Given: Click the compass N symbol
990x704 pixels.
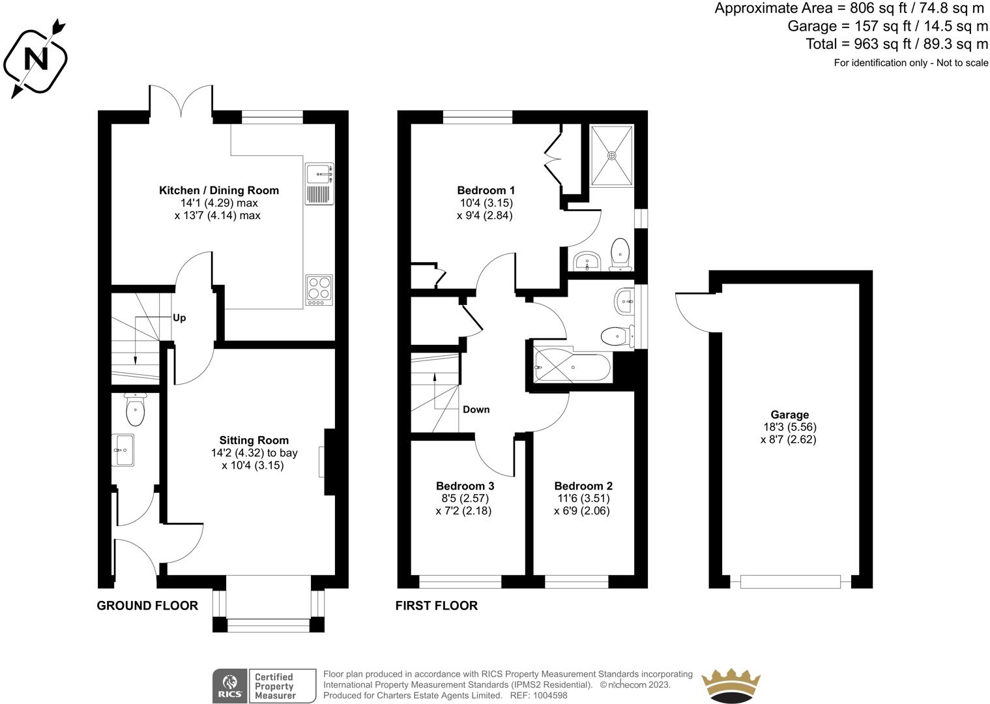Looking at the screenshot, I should (x=36, y=59).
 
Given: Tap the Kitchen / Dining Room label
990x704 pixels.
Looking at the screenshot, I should (x=219, y=190).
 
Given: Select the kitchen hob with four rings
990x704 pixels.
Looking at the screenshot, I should (x=319, y=290).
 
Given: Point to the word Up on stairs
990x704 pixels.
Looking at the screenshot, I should (x=179, y=318).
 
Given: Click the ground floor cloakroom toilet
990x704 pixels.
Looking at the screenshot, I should (x=135, y=409).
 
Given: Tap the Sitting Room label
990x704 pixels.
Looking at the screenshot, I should (x=254, y=440).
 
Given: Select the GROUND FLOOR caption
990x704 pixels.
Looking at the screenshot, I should (x=147, y=606).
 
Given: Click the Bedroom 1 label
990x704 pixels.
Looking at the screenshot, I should (x=486, y=190).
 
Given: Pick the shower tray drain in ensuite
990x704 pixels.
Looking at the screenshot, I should (x=611, y=156).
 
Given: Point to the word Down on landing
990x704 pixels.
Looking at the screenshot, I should (x=476, y=409).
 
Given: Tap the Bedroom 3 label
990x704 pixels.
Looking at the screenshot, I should (x=465, y=486).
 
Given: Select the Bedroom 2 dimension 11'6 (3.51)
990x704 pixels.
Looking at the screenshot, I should (x=583, y=499).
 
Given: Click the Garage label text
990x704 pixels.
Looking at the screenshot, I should (x=789, y=415).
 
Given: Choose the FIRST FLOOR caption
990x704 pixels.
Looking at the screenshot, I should (x=436, y=606).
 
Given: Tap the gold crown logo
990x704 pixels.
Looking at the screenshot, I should (x=731, y=686).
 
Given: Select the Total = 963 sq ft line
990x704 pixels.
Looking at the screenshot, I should (x=897, y=44).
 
